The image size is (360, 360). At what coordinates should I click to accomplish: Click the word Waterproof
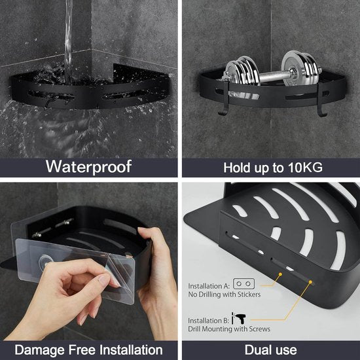pos(88,166)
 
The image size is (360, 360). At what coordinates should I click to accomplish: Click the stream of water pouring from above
pos(68,33)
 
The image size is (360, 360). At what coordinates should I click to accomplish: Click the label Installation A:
pos(209,286)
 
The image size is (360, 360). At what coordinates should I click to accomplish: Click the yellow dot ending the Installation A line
pos(280,277)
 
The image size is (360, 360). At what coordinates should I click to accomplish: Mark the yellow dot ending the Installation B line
pos(311,283)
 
